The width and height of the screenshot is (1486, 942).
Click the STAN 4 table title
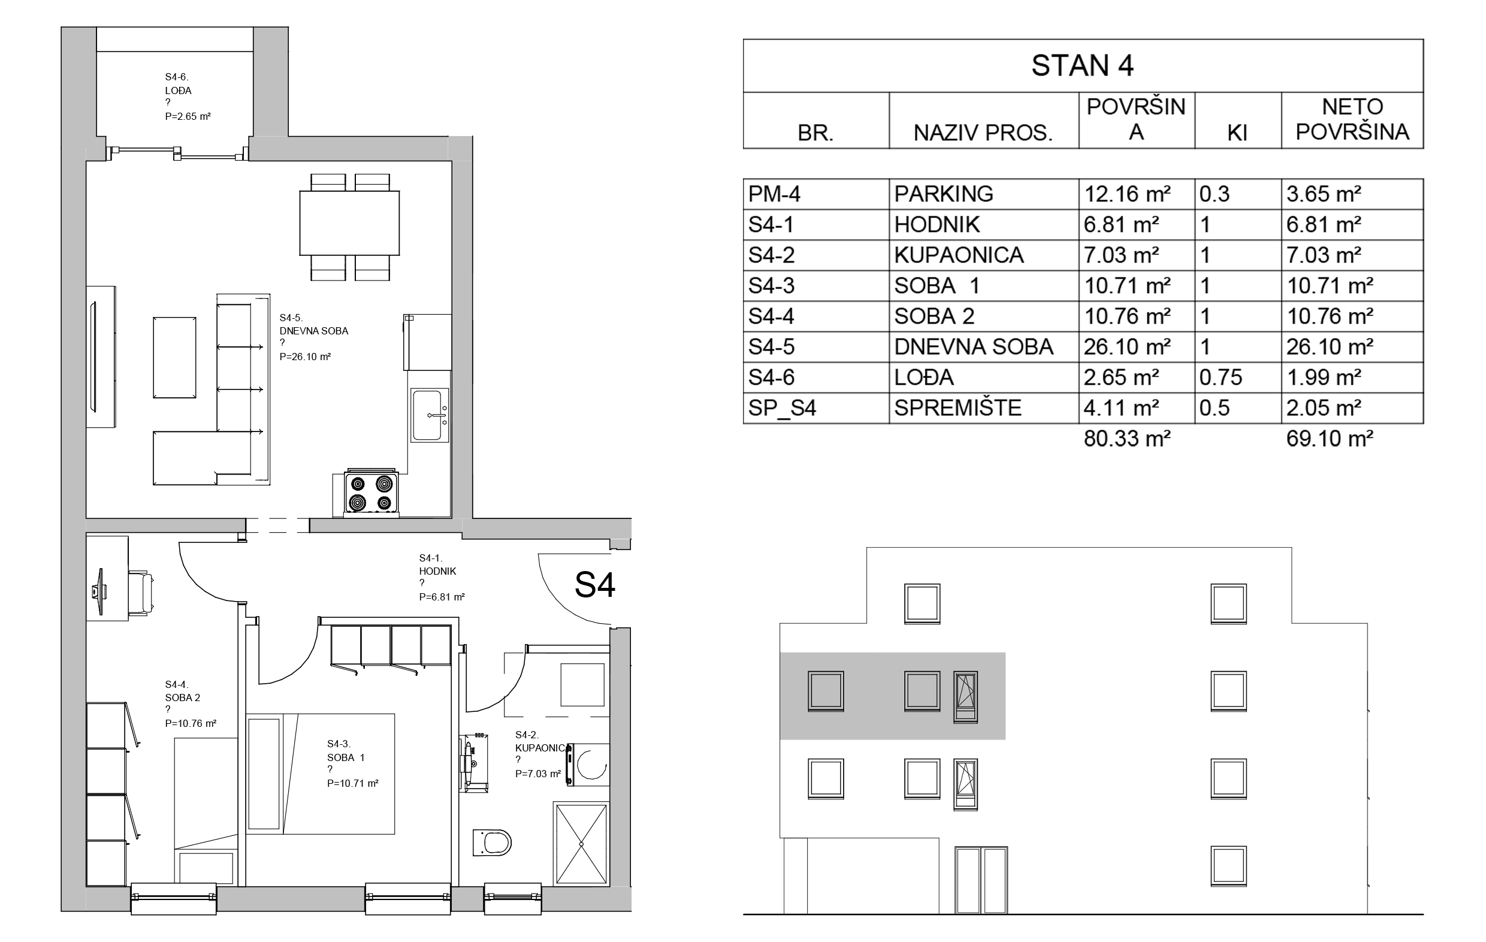(x=1082, y=65)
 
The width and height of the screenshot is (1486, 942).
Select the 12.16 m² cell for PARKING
(x=1127, y=194)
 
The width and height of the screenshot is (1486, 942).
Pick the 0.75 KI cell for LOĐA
(x=1221, y=377)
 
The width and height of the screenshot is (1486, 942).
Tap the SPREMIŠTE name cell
(x=958, y=407)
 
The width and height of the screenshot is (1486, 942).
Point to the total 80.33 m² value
(x=1127, y=438)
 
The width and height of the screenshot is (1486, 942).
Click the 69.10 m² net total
(x=1330, y=438)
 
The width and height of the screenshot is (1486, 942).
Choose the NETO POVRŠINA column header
(x=1352, y=119)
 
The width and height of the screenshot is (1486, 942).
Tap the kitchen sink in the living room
(x=430, y=415)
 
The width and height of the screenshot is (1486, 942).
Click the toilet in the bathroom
(x=492, y=842)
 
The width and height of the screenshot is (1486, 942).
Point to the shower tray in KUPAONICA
(x=581, y=843)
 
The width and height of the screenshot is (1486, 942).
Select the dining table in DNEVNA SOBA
(x=349, y=223)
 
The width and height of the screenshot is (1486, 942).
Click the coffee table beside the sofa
(x=174, y=357)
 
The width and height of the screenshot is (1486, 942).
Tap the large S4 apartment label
(x=595, y=585)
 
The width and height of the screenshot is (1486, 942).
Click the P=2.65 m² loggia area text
(x=188, y=116)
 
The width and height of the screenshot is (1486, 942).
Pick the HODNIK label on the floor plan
(x=437, y=571)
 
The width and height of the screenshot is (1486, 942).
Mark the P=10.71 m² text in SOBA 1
(x=352, y=783)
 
